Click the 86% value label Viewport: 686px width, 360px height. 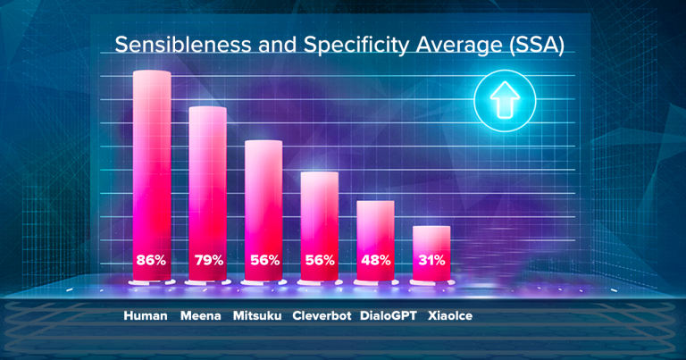click(x=151, y=261)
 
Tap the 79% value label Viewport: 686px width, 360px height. click(x=207, y=261)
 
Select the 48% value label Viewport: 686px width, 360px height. click(x=375, y=261)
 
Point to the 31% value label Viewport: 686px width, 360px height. click(x=431, y=261)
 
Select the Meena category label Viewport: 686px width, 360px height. click(x=201, y=315)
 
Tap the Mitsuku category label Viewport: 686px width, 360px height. click(x=259, y=315)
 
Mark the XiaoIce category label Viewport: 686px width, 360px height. click(x=450, y=315)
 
